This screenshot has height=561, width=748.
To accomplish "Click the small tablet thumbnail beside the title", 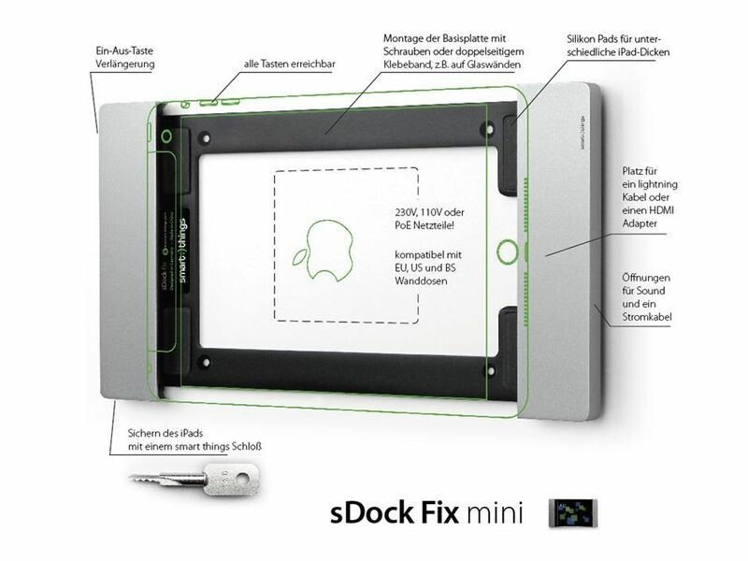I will point(575,512).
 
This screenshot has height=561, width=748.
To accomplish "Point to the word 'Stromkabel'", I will point(649,319).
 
